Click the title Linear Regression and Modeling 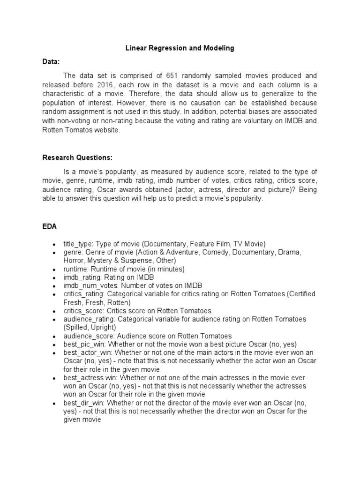[x=180, y=48]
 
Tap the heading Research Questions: [x=77, y=157]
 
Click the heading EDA [x=50, y=226]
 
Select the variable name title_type [x=78, y=244]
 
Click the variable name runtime [x=75, y=269]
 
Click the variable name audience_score [x=87, y=336]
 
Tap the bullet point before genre [x=55, y=253]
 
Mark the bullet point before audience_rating [x=55, y=320]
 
